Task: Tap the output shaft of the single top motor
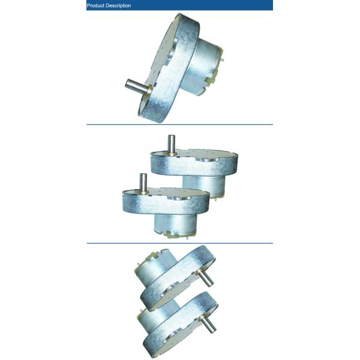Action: tap(136, 85)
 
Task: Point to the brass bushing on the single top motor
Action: tap(149, 89)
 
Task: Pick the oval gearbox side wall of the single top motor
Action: tap(171, 69)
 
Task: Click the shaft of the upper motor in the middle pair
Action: tap(172, 143)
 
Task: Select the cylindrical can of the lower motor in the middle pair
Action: tap(176, 224)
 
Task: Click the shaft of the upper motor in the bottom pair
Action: tap(206, 278)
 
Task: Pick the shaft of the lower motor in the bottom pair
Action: tap(209, 323)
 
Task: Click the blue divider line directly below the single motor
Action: tap(179, 125)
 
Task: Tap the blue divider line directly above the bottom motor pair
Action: tap(179, 243)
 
